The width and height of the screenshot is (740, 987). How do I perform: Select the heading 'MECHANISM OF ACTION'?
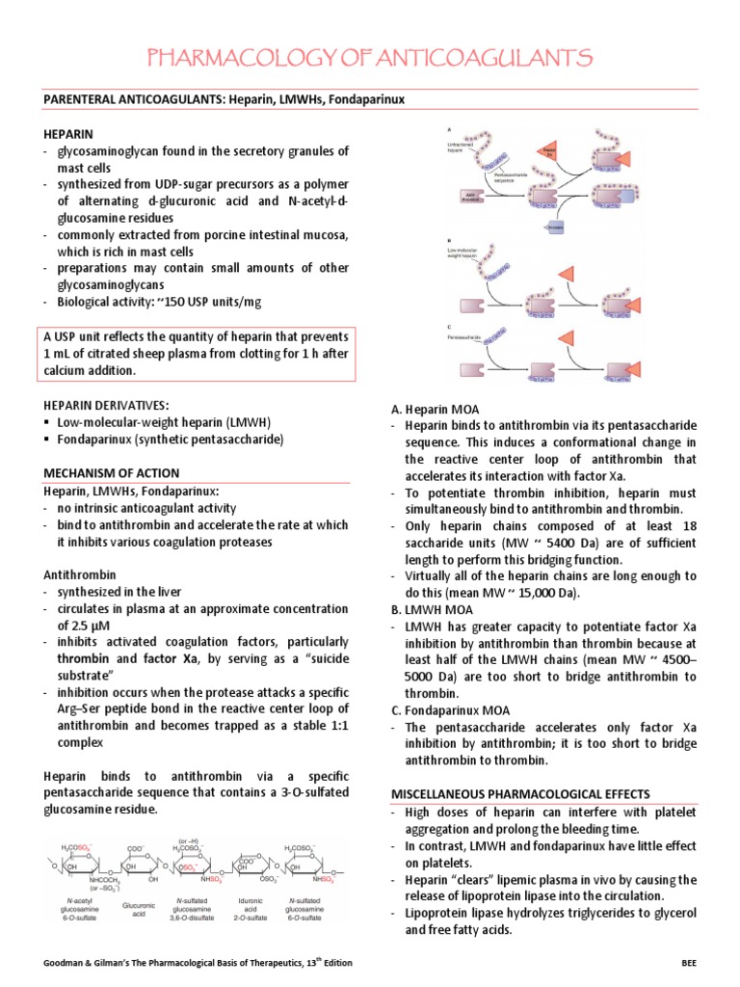(x=111, y=472)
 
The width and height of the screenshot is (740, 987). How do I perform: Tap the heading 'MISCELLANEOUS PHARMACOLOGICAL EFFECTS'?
(x=520, y=794)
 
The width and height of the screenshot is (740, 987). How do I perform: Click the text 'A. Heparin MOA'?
(x=435, y=410)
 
